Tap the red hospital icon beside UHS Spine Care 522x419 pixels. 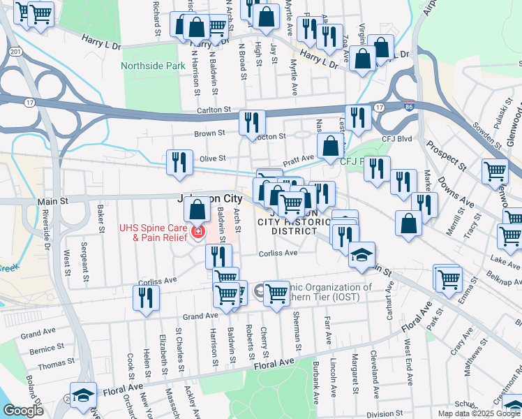pos(198,231)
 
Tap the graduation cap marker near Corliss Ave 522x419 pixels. pos(361,256)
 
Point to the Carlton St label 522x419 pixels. pos(213,110)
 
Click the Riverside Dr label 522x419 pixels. pos(47,237)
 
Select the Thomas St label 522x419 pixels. pos(57,364)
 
